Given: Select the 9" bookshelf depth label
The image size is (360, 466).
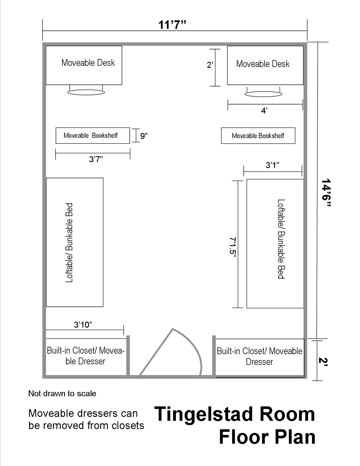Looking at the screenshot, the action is pyautogui.click(x=144, y=136).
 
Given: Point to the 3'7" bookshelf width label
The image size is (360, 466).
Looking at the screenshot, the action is pyautogui.click(x=96, y=159).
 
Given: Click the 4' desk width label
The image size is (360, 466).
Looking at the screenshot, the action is pyautogui.click(x=264, y=111).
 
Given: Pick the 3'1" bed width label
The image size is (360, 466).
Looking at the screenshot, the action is pyautogui.click(x=272, y=165).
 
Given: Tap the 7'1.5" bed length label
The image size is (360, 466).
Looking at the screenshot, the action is pyautogui.click(x=233, y=248).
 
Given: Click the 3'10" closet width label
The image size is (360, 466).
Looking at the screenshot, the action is pyautogui.click(x=83, y=325).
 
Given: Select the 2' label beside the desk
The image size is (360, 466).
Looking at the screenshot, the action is pyautogui.click(x=210, y=65).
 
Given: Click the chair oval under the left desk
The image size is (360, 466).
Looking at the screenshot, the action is pyautogui.click(x=86, y=92).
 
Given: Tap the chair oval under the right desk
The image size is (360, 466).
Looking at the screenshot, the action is pyautogui.click(x=263, y=94).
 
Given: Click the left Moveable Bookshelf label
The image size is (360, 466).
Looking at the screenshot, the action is pyautogui.click(x=90, y=135).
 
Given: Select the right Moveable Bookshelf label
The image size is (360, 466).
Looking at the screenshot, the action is pyautogui.click(x=258, y=136).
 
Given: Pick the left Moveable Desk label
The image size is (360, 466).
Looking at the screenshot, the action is pyautogui.click(x=88, y=63).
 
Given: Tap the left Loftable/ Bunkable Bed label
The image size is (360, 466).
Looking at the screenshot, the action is pyautogui.click(x=69, y=243).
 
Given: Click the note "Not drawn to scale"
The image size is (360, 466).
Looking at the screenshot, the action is pyautogui.click(x=62, y=393).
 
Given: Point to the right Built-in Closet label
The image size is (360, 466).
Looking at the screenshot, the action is pyautogui.click(x=259, y=356).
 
